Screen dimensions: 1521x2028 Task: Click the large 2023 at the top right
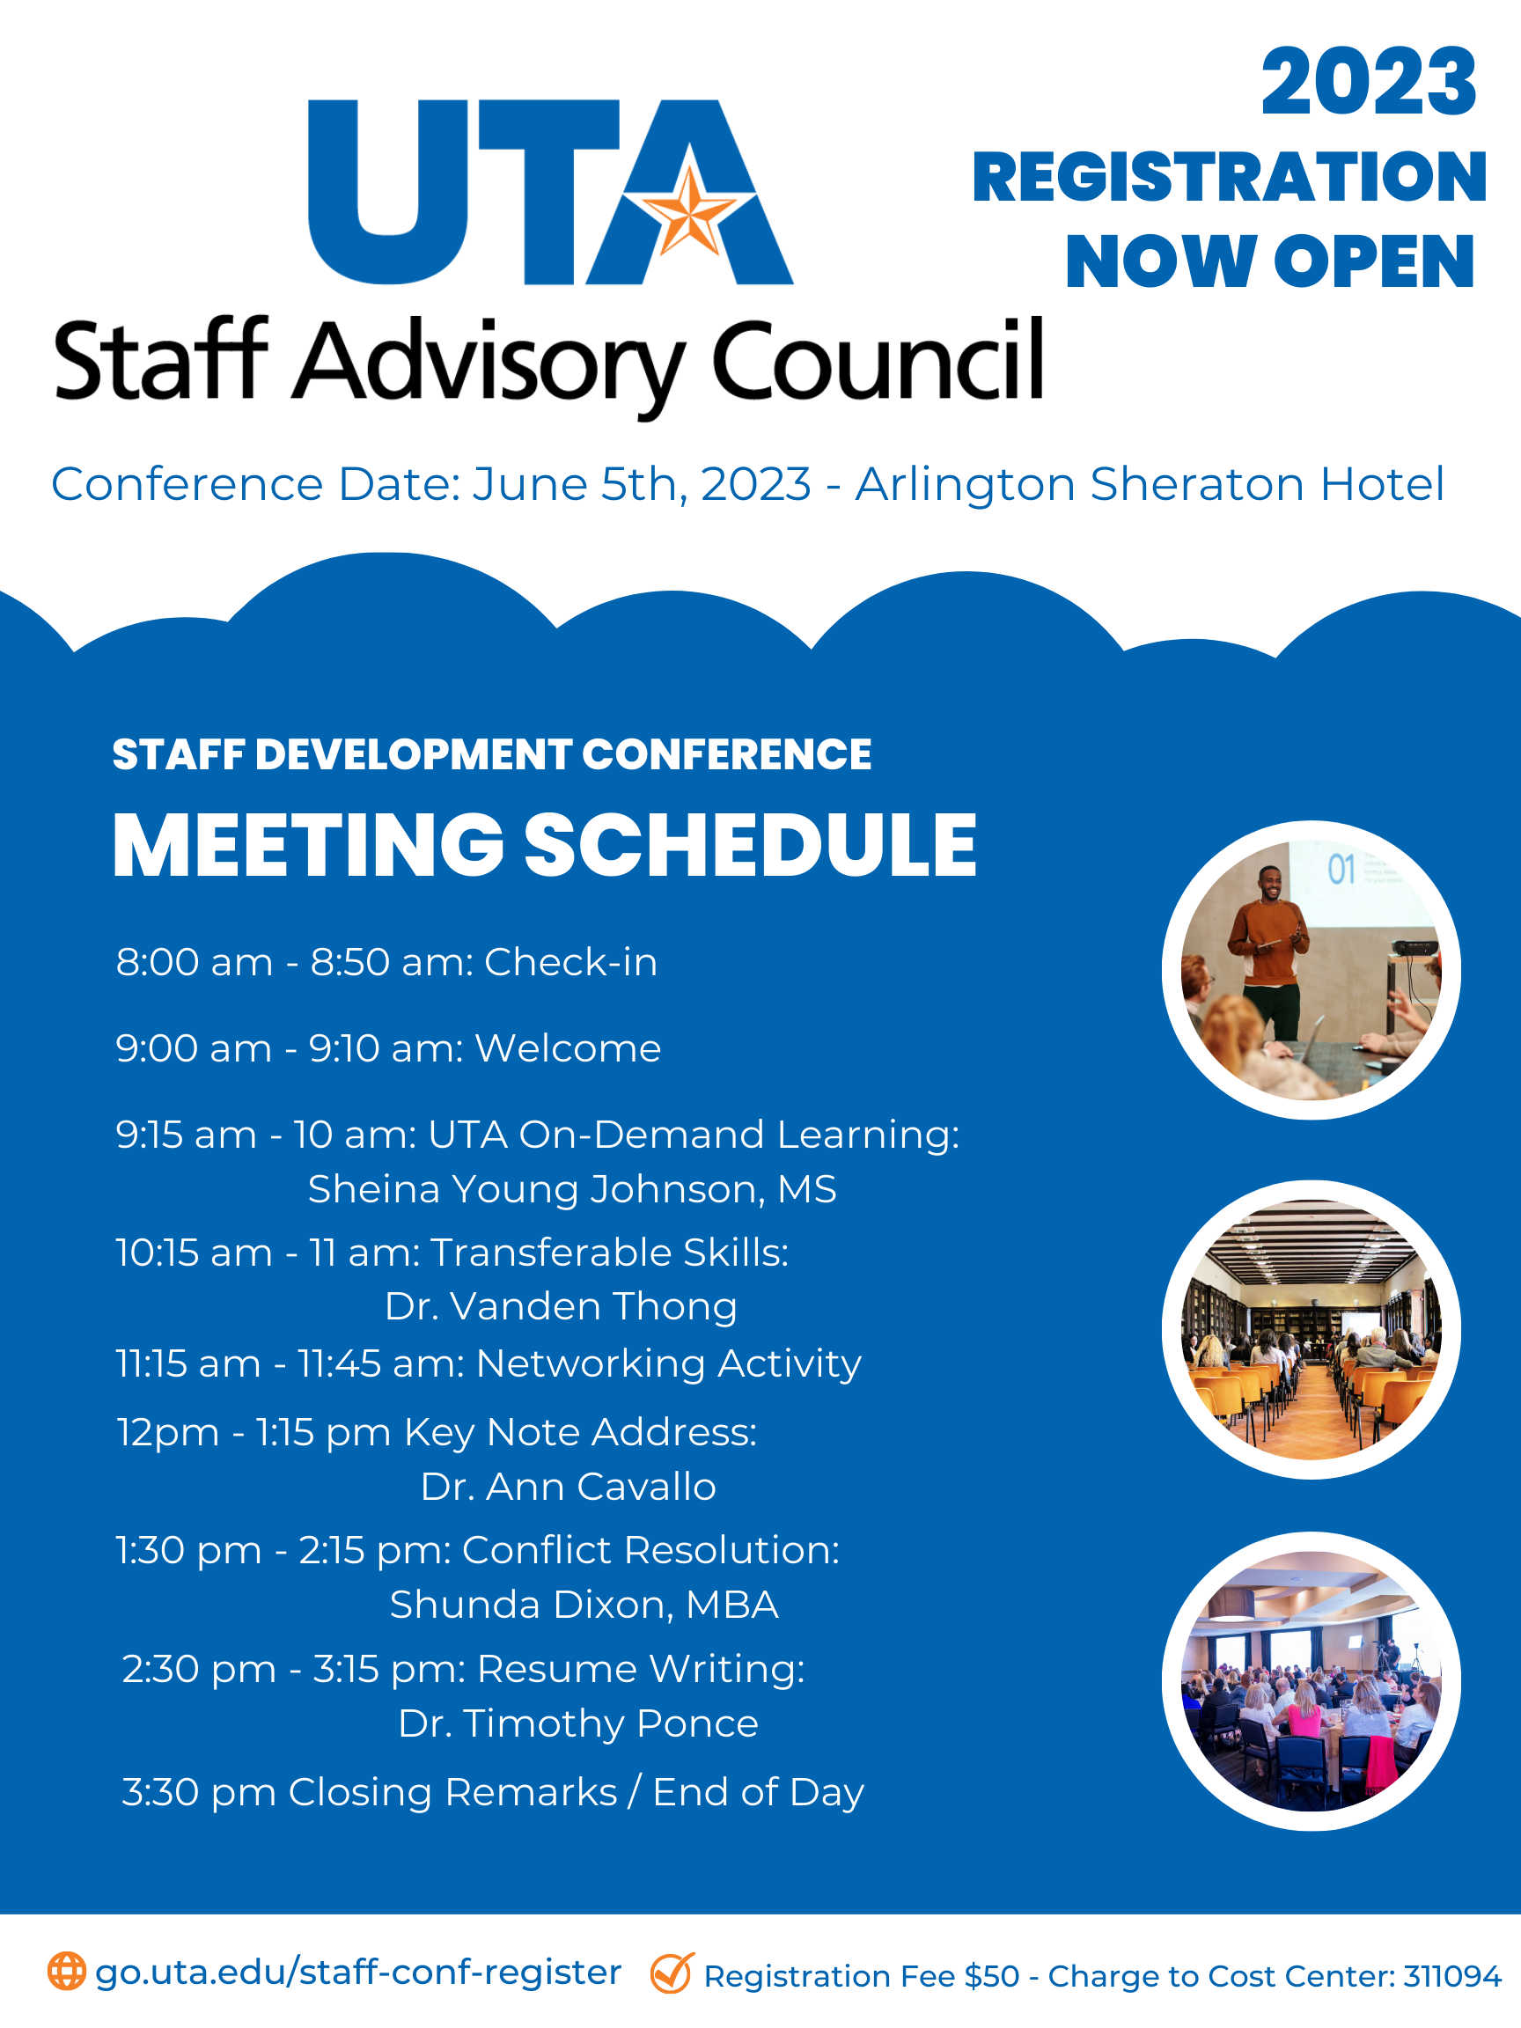(x=1368, y=84)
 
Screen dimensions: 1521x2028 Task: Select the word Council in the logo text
(x=878, y=362)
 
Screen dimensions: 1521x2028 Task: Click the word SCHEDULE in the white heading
(x=750, y=845)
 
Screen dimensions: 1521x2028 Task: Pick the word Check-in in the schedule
(x=570, y=963)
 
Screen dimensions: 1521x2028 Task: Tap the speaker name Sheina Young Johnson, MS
(x=572, y=1189)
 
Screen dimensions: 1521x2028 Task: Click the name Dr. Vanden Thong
(x=561, y=1306)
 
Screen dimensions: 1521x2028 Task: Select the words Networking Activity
(x=668, y=1363)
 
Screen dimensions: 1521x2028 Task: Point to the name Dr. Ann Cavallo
(x=569, y=1487)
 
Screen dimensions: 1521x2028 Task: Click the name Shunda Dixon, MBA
(x=584, y=1605)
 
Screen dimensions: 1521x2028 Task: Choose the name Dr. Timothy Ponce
(x=578, y=1723)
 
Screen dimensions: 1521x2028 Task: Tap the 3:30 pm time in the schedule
(x=198, y=1792)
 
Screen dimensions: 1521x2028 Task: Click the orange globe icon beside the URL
(x=67, y=1971)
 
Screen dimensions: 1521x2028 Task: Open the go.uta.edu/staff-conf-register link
(x=358, y=1972)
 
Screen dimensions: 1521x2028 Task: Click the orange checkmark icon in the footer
(x=671, y=1973)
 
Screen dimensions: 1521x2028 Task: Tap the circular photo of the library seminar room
(x=1311, y=1329)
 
